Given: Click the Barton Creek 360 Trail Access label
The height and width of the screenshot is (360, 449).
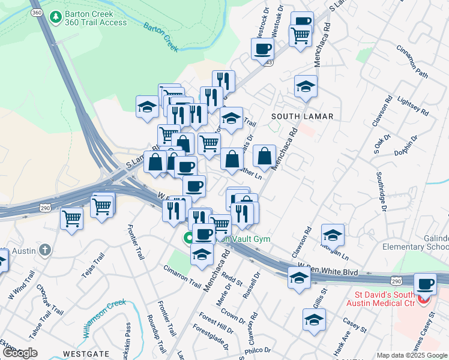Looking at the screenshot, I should [x=97, y=18].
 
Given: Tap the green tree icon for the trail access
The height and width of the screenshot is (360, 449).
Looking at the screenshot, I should [x=56, y=17].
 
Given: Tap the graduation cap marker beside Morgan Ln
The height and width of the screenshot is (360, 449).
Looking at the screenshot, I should [x=333, y=235].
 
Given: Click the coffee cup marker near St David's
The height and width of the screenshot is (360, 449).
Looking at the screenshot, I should [x=426, y=284].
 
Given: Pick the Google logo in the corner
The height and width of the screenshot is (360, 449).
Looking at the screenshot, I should [x=20, y=353].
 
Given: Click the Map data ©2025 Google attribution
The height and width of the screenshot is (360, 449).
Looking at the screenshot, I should [x=411, y=355].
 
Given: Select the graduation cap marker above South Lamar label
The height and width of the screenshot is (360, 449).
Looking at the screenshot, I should [x=306, y=87].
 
